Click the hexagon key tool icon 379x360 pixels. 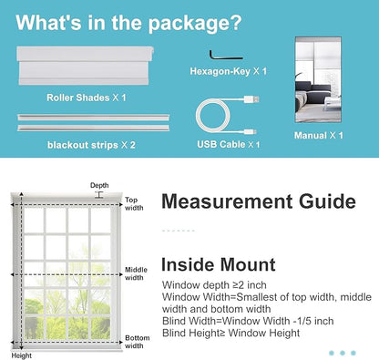[x=225, y=57]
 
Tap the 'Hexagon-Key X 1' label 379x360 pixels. [x=229, y=71]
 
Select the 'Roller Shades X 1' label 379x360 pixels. [x=87, y=98]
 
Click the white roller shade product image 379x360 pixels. [x=86, y=66]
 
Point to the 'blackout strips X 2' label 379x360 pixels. [x=91, y=145]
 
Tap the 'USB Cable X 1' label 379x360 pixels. [x=229, y=144]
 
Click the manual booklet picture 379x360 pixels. [x=318, y=80]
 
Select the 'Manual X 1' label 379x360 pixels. [x=319, y=135]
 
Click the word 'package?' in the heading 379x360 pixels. [x=195, y=24]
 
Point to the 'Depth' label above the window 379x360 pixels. [x=99, y=185]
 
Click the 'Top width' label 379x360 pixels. [x=134, y=204]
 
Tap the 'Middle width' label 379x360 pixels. [x=136, y=273]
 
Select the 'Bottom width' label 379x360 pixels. [x=138, y=342]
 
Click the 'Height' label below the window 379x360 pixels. [x=22, y=355]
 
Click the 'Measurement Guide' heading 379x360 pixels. [x=259, y=201]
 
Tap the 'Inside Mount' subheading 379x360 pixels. [x=219, y=264]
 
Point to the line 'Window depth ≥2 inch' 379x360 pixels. [x=214, y=285]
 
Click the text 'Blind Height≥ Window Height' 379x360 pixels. [x=231, y=333]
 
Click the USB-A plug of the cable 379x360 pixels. [x=251, y=99]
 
